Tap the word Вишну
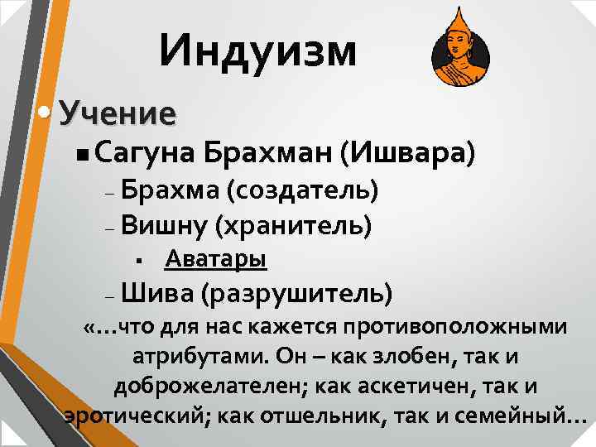pos(164,224)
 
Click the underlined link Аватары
pos(215,260)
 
